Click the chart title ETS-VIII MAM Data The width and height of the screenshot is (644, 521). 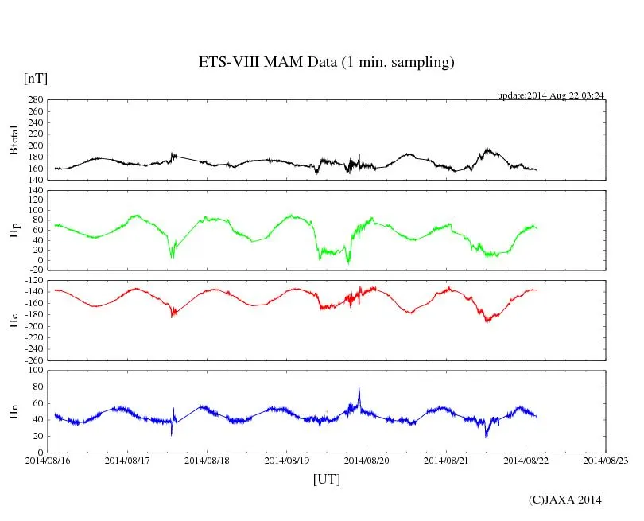[x=326, y=63]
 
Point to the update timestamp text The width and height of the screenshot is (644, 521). [x=551, y=95]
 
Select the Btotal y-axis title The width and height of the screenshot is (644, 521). [x=14, y=140]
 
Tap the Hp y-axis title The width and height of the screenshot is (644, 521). [x=14, y=230]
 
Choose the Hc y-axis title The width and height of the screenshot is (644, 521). [x=14, y=320]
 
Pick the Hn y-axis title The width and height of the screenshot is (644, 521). [x=14, y=411]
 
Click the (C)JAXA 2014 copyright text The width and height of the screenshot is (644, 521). [x=564, y=500]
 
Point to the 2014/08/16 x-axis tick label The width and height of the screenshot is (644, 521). [x=48, y=461]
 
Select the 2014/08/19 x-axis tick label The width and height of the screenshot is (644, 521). [x=287, y=461]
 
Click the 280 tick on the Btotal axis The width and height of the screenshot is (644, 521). [x=35, y=100]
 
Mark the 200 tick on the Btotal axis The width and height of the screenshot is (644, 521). [x=35, y=146]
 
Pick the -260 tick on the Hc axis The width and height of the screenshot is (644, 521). [x=33, y=360]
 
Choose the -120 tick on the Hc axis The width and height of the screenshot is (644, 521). [x=33, y=280]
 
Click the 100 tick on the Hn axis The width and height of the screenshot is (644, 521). [x=35, y=370]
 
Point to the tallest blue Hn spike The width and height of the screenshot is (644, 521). [x=359, y=389]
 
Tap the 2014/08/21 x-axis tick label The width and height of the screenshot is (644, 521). [x=446, y=461]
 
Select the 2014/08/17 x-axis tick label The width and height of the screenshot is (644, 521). [x=127, y=461]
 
